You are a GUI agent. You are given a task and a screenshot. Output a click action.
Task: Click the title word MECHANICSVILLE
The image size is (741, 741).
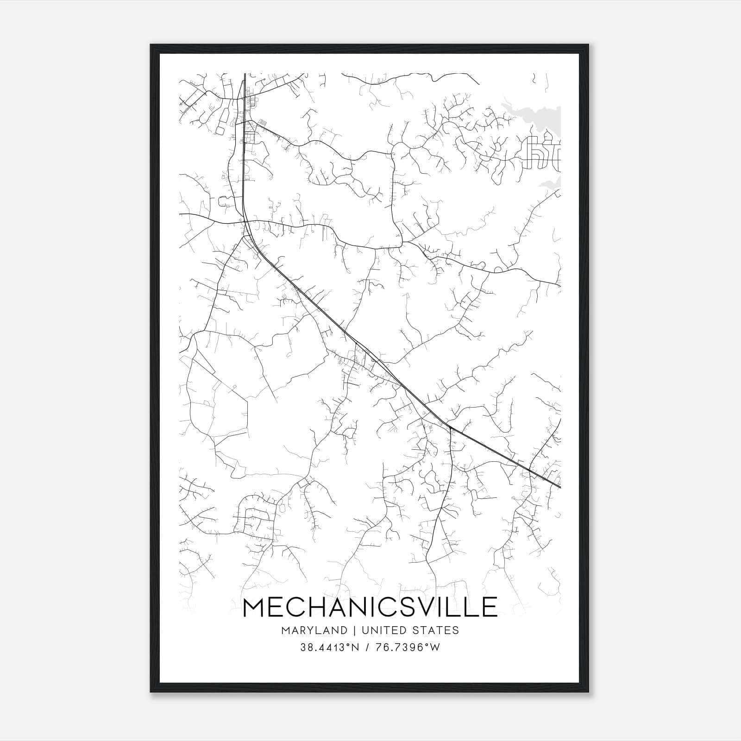[370, 607]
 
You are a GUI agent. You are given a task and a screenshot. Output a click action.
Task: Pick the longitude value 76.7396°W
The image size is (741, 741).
[407, 647]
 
